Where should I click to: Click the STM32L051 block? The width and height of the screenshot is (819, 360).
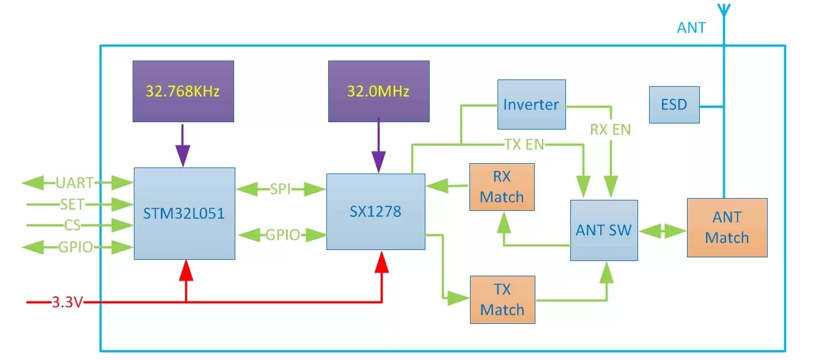[185, 213]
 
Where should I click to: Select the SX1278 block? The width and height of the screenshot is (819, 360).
[376, 211]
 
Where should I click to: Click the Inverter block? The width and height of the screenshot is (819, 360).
[531, 104]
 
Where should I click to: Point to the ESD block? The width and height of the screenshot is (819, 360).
[674, 104]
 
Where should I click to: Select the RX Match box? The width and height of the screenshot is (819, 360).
[502, 187]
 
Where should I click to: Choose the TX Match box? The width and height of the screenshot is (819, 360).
[502, 299]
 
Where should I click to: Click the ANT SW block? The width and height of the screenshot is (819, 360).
[604, 230]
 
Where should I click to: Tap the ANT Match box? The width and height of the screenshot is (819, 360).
[727, 227]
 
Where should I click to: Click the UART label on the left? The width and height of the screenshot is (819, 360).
[75, 182]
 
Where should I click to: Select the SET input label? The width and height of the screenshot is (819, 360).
[72, 204]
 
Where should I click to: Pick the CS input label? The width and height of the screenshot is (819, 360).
[72, 226]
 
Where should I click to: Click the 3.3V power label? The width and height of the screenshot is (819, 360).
[67, 302]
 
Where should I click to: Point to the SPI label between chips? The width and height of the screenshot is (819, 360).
[281, 190]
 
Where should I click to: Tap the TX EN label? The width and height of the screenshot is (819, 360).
[524, 145]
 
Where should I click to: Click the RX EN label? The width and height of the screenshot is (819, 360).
[610, 130]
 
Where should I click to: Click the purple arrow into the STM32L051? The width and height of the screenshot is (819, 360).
[183, 150]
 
